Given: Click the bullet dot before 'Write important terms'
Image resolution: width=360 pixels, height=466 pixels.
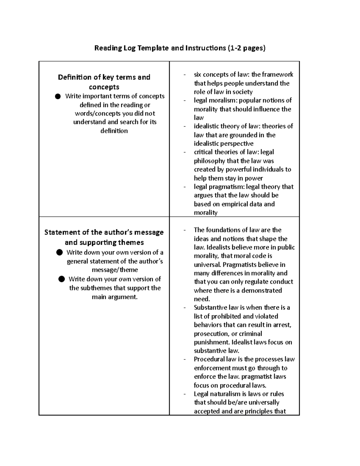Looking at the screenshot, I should pos(58,96).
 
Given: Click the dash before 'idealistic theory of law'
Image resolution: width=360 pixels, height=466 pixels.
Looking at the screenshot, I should pos(185,126).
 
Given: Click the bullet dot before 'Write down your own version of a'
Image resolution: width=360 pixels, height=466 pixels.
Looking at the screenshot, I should pos(59,252).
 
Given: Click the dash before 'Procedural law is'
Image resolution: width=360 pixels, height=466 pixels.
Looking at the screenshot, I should pos(185,359).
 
